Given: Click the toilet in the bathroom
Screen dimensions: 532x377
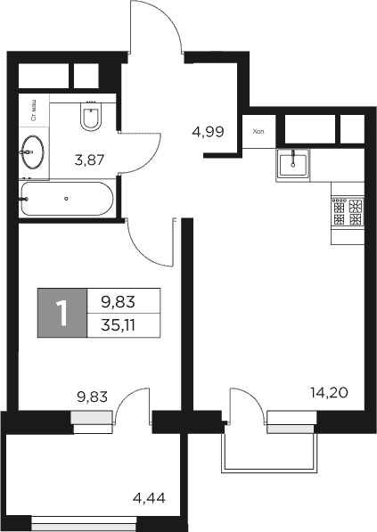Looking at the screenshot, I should tap(91, 115).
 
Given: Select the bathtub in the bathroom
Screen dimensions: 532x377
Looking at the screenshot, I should tap(67, 200).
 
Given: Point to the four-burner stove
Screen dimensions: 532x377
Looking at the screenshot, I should tap(348, 212).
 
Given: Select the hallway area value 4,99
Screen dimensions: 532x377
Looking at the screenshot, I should tap(207, 132).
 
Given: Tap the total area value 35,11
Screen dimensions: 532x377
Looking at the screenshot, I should tap(123, 325).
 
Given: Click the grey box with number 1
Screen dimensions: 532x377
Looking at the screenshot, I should tap(61, 314).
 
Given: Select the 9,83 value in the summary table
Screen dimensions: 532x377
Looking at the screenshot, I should tap(123, 302).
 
